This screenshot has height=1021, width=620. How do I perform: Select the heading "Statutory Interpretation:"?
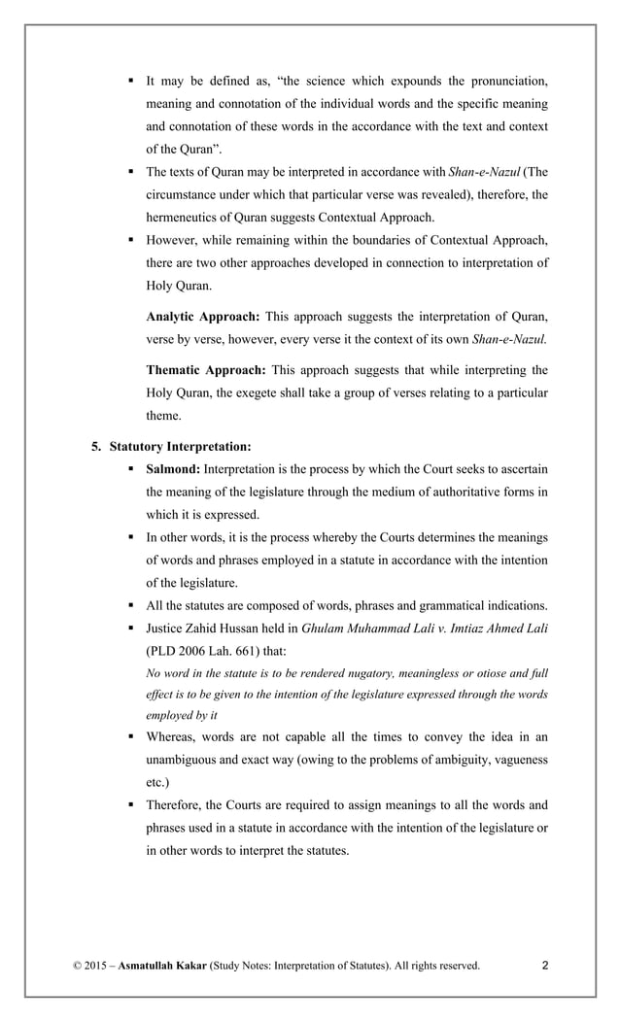click(180, 447)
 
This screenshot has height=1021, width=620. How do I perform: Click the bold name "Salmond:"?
click(174, 469)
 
